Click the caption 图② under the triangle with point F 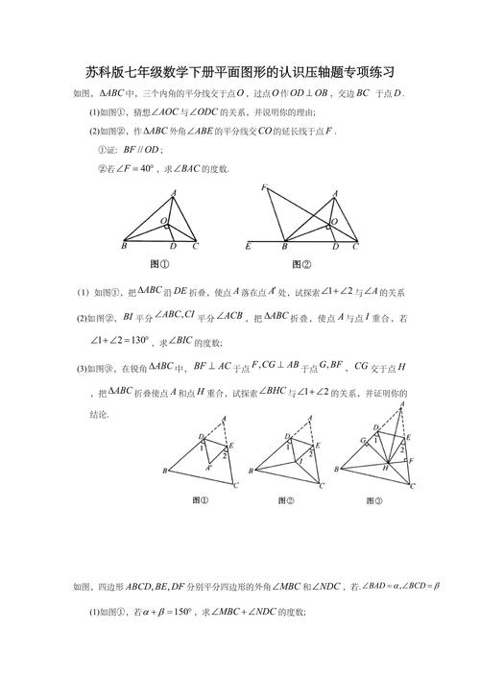click(301, 264)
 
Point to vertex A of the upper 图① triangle click(174, 192)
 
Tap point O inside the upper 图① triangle click(163, 220)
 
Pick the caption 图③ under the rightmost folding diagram click(373, 500)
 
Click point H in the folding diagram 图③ click(383, 466)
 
